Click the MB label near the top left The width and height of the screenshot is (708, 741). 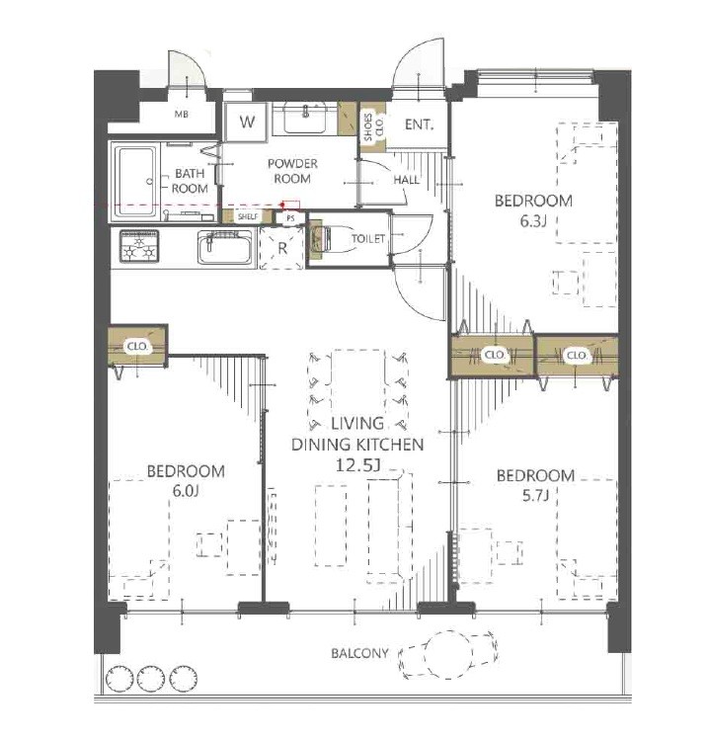coord(182,115)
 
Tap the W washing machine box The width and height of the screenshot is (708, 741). coord(246,122)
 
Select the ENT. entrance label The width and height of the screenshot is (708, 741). coord(419,124)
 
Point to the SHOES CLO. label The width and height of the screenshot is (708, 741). coord(373,126)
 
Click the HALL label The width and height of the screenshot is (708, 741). coord(406,180)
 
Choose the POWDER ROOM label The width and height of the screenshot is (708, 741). coord(292,171)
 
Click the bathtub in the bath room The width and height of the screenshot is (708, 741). coord(135,182)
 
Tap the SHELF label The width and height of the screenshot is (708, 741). coord(248,217)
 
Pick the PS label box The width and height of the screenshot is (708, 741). coord(290,218)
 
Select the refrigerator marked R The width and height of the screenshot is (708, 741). coord(282,248)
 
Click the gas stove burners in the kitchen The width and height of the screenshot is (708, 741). coord(139,246)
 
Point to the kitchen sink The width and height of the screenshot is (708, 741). coord(224,247)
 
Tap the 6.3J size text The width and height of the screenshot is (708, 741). coord(533,221)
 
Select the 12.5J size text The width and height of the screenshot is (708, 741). coord(357,465)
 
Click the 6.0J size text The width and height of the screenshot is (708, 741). coord(186,491)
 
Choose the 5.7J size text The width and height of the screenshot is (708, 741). coord(535,495)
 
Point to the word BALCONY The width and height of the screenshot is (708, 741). coord(359,654)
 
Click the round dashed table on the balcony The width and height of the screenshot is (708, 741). coord(448,655)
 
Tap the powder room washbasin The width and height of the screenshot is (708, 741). coord(305,119)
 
